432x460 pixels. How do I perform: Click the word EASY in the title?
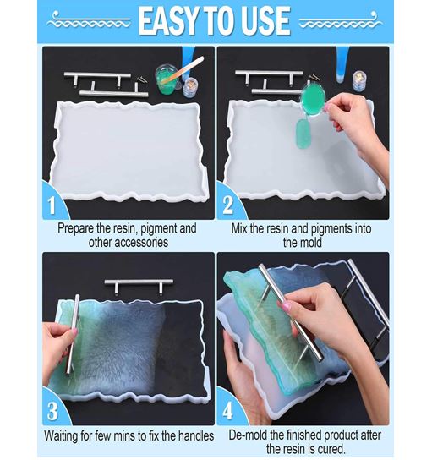click(168, 21)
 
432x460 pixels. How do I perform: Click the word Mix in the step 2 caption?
click(239, 228)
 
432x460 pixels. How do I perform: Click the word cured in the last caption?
click(330, 449)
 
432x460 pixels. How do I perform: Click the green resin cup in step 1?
click(167, 79)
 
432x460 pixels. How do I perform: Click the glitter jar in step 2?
click(358, 80)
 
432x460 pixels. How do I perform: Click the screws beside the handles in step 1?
click(143, 79)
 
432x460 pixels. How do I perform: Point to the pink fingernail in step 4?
click(286, 307)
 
